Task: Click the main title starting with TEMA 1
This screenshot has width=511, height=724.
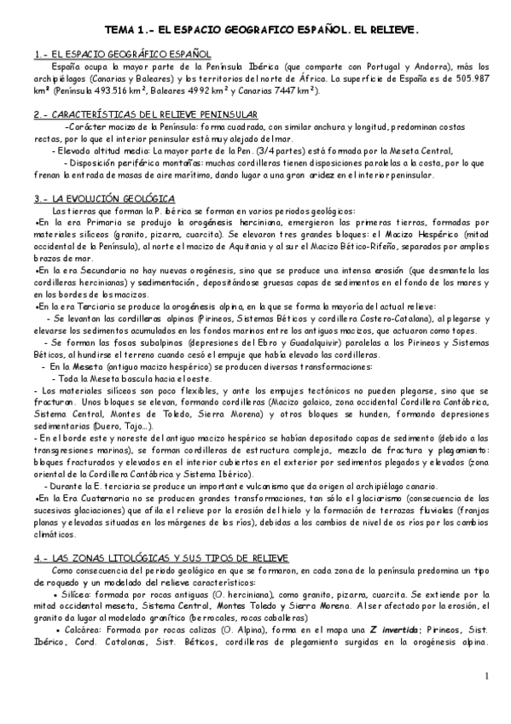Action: click(x=255, y=28)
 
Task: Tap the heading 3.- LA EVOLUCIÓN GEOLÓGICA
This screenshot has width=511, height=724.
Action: click(x=93, y=198)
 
